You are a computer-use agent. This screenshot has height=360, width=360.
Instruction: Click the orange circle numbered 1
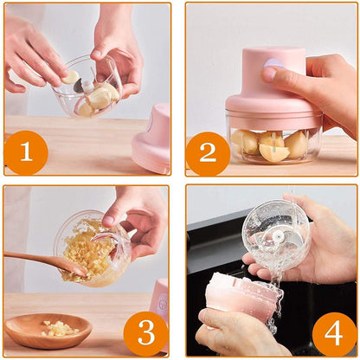[x=26, y=152]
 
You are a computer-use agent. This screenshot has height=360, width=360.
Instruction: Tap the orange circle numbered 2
[x=209, y=152]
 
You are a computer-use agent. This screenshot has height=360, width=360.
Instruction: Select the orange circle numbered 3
[x=145, y=331]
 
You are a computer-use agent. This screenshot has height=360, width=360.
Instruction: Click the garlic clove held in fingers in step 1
[x=69, y=77]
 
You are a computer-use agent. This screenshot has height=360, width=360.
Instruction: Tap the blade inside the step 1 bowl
[x=84, y=86]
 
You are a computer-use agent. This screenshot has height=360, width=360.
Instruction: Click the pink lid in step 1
[x=154, y=138]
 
